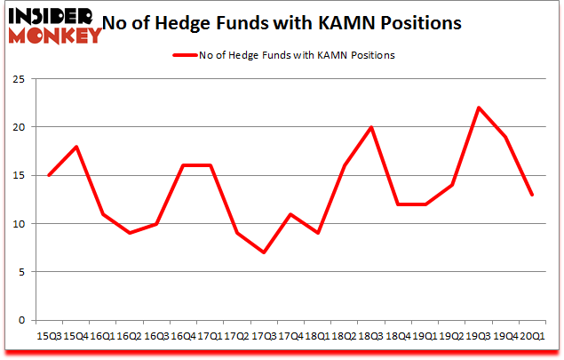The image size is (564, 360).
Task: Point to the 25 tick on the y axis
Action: tap(17, 79)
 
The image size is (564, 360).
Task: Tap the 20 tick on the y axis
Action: tap(17, 127)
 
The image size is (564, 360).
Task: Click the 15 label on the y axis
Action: tap(17, 175)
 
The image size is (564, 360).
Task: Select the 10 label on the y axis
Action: tap(17, 224)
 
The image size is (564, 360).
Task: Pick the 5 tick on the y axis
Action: tap(20, 272)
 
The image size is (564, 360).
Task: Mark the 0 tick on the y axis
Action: tap(20, 320)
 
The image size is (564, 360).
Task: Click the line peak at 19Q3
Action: tap(478, 108)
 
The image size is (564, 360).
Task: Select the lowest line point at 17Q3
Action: tap(263, 252)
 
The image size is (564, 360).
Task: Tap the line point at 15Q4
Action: tap(75, 147)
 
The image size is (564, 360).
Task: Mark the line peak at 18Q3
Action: tap(370, 127)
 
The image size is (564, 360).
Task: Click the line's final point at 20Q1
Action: tap(531, 195)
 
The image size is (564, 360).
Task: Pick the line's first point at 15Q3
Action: tap(49, 175)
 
